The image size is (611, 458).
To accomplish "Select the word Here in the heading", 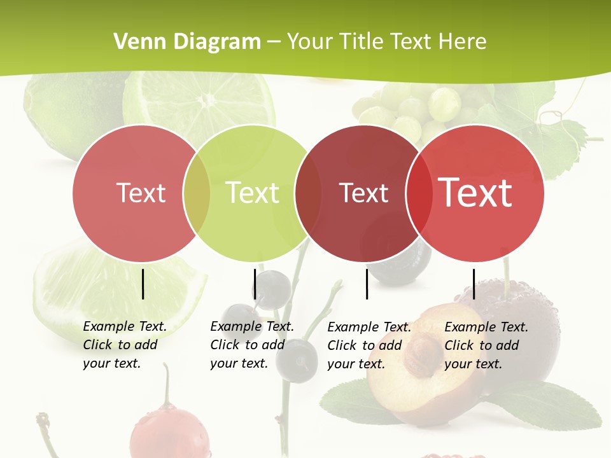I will tap(463, 42).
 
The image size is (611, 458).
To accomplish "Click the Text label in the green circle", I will tap(253, 193).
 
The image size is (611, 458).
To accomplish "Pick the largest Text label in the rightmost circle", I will tap(475, 193).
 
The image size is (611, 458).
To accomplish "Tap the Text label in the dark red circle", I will tap(363, 193).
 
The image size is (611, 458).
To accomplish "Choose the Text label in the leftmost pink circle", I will tap(141, 193).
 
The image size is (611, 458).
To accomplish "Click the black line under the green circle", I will tap(255, 284).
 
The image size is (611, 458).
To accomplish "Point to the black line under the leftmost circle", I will tap(143, 284).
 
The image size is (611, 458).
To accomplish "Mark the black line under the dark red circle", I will tap(367, 284).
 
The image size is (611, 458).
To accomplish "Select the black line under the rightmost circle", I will tap(474, 284).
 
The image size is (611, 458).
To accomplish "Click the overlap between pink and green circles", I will tap(197, 193).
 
